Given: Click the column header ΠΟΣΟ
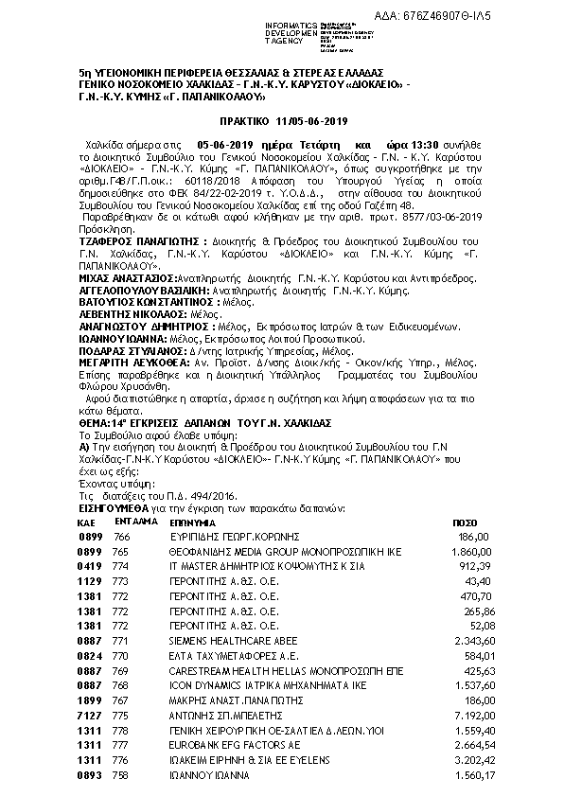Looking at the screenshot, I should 465,522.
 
